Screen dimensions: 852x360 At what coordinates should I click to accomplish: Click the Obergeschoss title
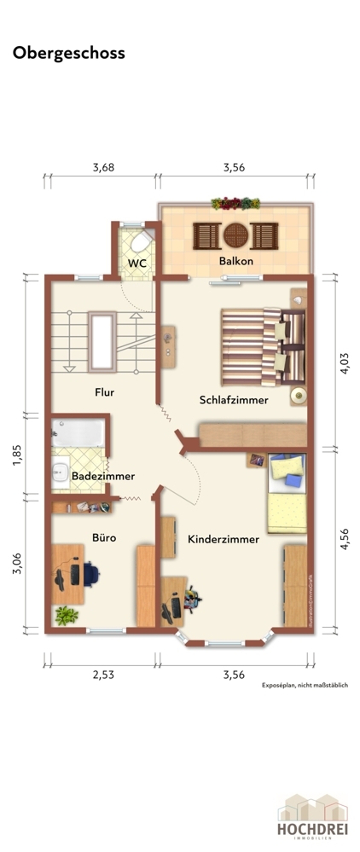click(x=68, y=53)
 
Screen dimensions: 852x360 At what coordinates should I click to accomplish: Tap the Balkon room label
click(x=235, y=262)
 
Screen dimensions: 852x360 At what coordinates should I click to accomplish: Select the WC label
click(x=137, y=264)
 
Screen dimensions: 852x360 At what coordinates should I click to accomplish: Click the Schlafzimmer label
click(x=234, y=399)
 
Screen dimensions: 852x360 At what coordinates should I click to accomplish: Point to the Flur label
click(x=104, y=392)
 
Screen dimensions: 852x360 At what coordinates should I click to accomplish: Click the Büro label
click(x=103, y=538)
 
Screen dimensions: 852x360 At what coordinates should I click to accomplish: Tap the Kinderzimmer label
click(x=223, y=539)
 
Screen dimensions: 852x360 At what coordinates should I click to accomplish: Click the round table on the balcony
click(x=235, y=233)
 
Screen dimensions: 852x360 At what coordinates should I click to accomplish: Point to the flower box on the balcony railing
click(x=235, y=203)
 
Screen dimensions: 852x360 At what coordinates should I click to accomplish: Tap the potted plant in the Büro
click(x=65, y=614)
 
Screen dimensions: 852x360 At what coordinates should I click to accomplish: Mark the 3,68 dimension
click(x=103, y=167)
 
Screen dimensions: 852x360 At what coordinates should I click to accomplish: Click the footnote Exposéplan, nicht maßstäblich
click(x=305, y=685)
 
